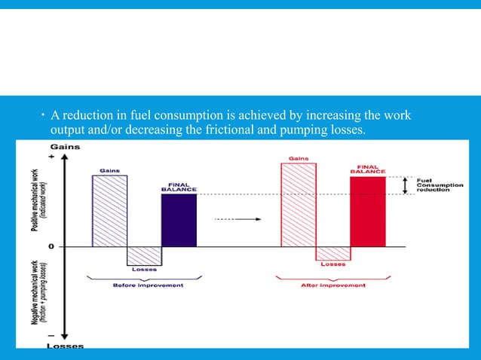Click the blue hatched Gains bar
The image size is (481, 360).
109,211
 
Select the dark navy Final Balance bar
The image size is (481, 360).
179,220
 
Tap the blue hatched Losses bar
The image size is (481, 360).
144,255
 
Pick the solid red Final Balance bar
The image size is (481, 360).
367,212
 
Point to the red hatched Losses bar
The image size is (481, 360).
332,253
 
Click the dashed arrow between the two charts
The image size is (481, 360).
237,219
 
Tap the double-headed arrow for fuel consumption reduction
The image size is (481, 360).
406,185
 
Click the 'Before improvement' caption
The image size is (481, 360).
148,285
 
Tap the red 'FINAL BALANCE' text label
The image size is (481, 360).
368,169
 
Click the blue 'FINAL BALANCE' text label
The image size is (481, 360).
179,186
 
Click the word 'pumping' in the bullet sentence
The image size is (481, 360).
286,130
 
